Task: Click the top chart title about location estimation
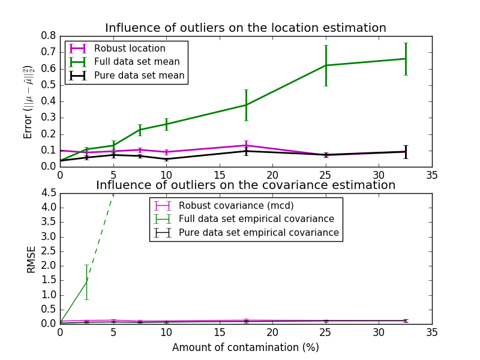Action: pyautogui.click(x=245, y=28)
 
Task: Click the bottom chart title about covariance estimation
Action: pyautogui.click(x=245, y=185)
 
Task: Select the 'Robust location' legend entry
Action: pyautogui.click(x=130, y=49)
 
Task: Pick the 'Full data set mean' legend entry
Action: pyautogui.click(x=137, y=62)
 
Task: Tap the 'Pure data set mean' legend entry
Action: pyautogui.click(x=139, y=76)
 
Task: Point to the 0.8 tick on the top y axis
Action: pyautogui.click(x=48, y=35)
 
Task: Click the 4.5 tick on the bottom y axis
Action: pyautogui.click(x=48, y=193)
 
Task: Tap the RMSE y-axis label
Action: pyautogui.click(x=31, y=259)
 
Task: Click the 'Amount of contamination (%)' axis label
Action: pyautogui.click(x=245, y=347)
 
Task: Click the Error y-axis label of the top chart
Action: pyautogui.click(x=28, y=101)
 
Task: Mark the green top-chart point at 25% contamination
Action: pyautogui.click(x=326, y=65)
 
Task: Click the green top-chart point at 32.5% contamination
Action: pyautogui.click(x=406, y=59)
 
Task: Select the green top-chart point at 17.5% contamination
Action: pyautogui.click(x=246, y=105)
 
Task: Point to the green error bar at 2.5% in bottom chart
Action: pyautogui.click(x=86, y=281)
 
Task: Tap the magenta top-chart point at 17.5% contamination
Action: pyautogui.click(x=246, y=145)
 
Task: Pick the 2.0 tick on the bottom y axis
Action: pyautogui.click(x=48, y=266)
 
